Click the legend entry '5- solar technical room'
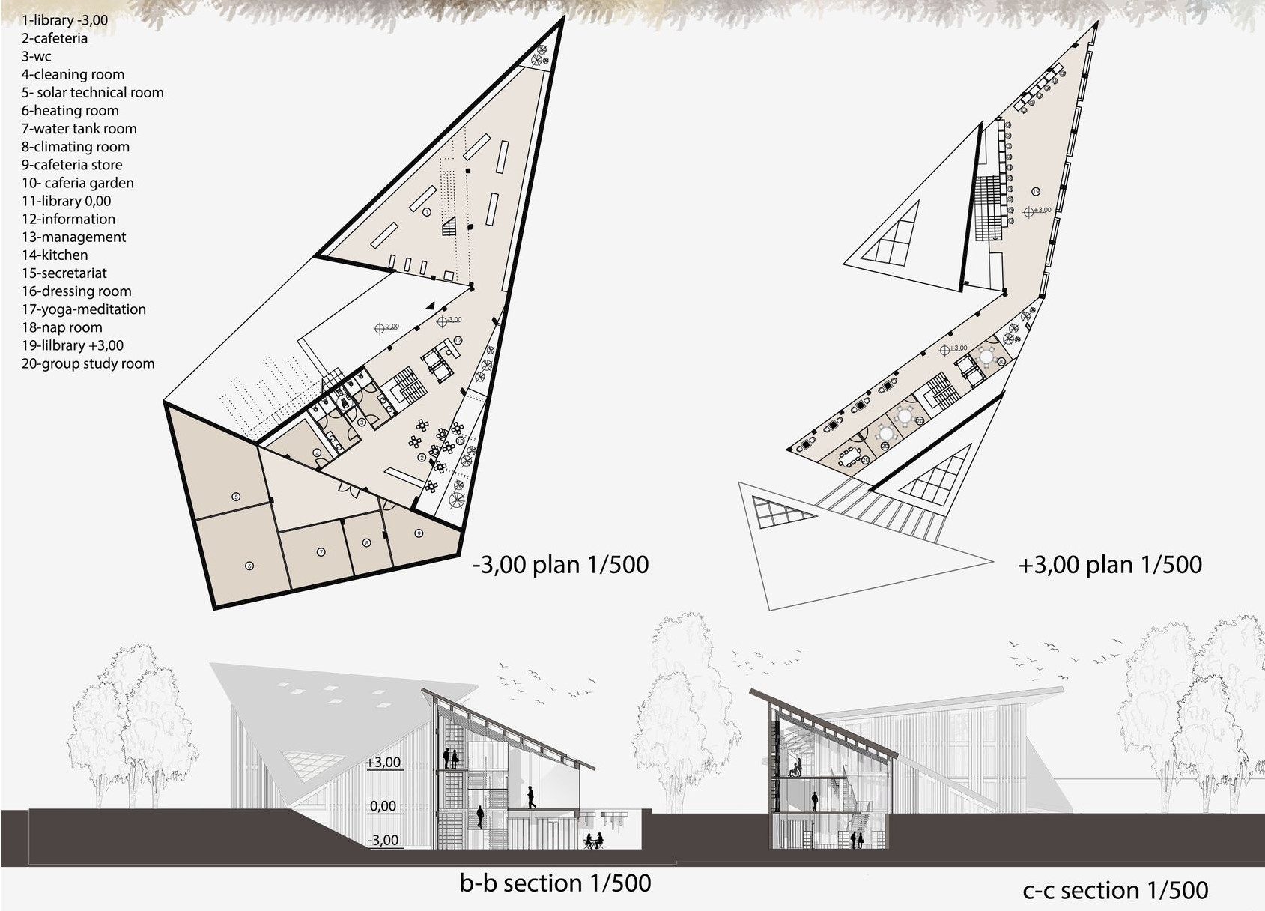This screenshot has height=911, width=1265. click(92, 93)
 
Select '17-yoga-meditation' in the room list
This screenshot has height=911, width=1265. click(83, 309)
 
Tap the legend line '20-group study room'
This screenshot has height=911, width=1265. click(88, 363)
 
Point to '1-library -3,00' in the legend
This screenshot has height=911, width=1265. click(64, 20)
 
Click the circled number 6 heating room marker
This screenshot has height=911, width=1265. click(249, 566)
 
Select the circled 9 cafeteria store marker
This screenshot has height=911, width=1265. click(419, 533)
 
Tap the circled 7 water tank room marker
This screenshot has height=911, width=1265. click(321, 552)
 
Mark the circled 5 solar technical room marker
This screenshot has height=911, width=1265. click(236, 497)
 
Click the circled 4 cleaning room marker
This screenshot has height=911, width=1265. click(318, 453)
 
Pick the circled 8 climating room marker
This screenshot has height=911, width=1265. click(366, 543)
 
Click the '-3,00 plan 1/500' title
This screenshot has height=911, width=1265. click(560, 564)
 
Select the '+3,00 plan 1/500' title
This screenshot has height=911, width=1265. click(1109, 564)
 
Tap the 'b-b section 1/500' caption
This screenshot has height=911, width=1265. click(555, 883)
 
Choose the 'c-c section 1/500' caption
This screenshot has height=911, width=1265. click(1115, 890)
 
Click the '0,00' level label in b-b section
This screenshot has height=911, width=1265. click(383, 807)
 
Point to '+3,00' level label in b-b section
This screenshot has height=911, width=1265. click(383, 763)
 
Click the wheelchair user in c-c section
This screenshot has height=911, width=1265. click(797, 767)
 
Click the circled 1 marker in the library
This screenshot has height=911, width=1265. click(426, 212)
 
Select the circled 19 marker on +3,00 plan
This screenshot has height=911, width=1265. click(1035, 192)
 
